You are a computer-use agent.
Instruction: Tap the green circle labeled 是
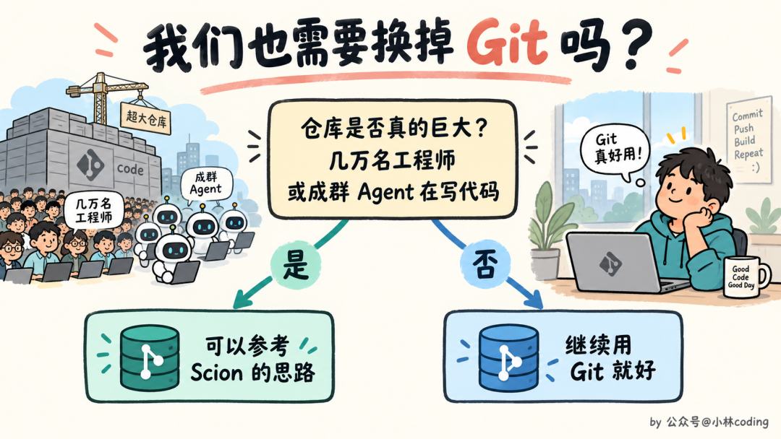click(x=296, y=264)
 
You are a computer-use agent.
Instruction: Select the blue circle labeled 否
click(x=485, y=264)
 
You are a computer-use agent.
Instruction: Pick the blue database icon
click(x=508, y=356)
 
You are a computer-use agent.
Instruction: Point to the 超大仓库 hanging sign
click(x=146, y=118)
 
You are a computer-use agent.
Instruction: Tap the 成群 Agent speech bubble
click(x=205, y=184)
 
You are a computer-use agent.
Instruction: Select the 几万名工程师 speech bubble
click(x=93, y=210)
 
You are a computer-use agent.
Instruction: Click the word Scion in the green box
click(x=216, y=372)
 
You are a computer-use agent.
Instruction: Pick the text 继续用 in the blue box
click(x=598, y=345)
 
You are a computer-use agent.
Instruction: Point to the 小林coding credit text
click(x=740, y=422)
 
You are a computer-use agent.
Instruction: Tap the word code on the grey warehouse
click(x=130, y=170)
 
